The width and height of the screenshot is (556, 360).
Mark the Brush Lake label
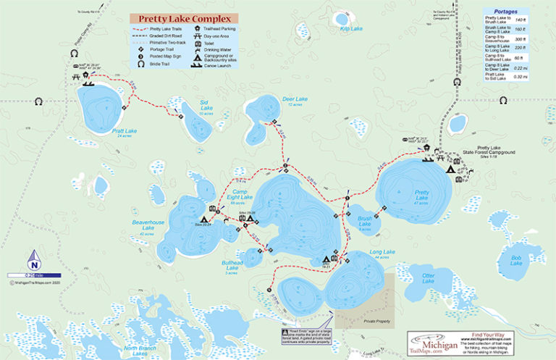364,221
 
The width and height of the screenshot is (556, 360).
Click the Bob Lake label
515,260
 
